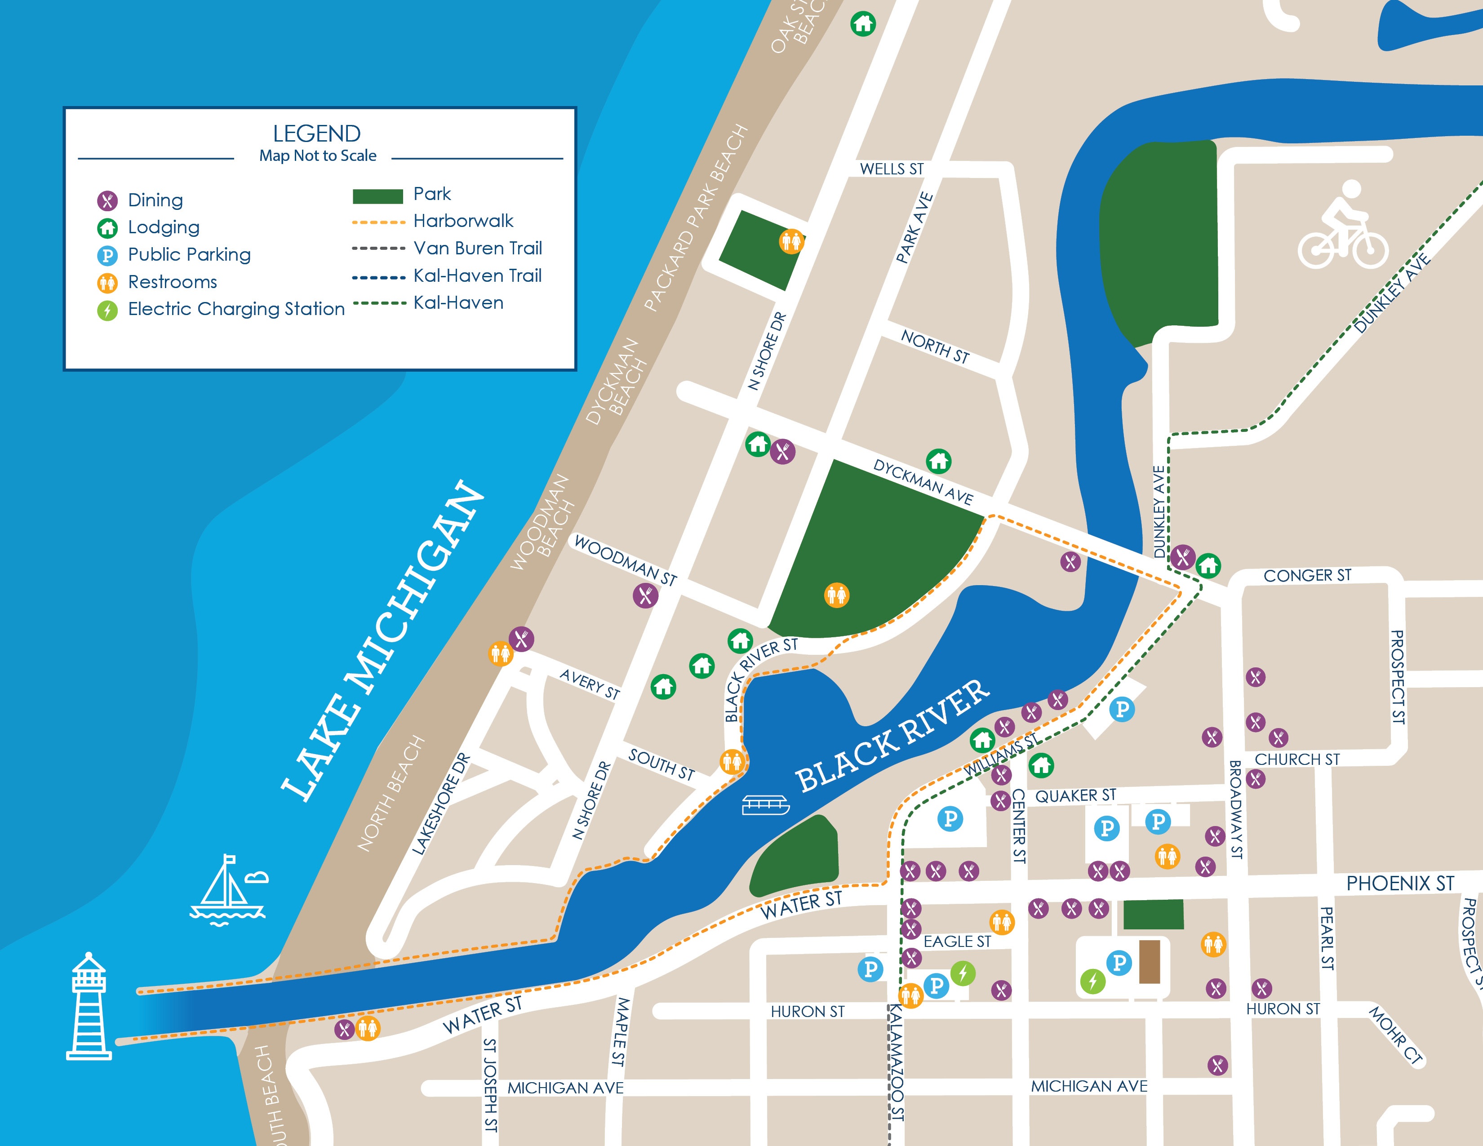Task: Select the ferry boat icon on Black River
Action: (x=765, y=805)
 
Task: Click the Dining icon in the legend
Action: (x=107, y=200)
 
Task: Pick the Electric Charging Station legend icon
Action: (x=107, y=310)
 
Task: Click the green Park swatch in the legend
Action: (x=377, y=196)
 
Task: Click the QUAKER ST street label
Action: (x=1075, y=795)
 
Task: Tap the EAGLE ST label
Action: (x=957, y=941)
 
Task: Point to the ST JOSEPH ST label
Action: (x=489, y=1085)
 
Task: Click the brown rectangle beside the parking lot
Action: (x=1149, y=961)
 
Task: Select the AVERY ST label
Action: (x=590, y=684)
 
